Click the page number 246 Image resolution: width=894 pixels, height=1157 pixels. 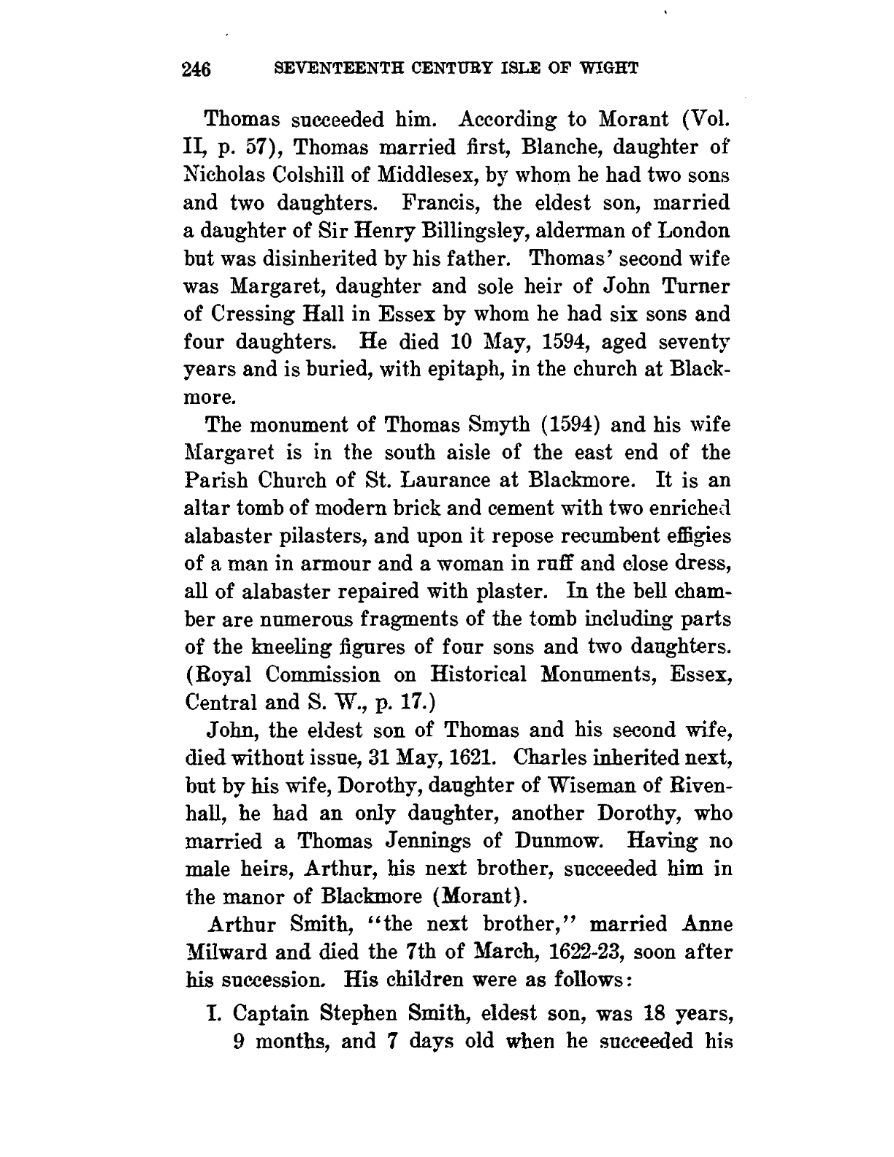point(196,69)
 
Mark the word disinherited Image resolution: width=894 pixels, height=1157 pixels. point(316,259)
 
